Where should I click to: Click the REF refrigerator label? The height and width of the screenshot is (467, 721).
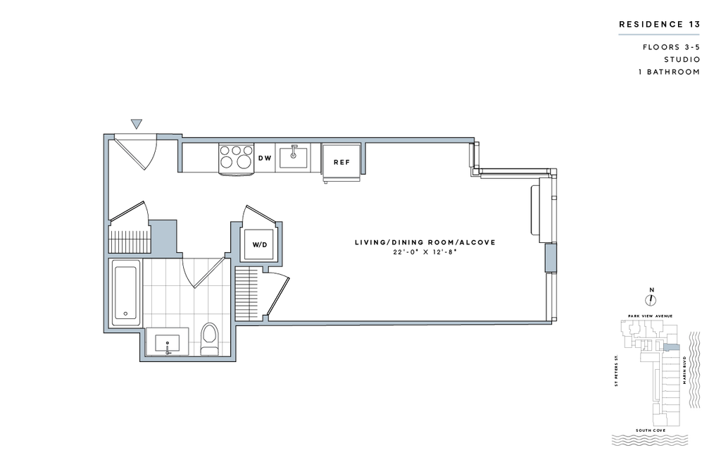coord(341,162)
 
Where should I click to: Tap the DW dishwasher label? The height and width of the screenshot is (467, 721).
coord(265,158)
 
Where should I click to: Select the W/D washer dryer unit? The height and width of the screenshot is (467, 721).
coord(260,245)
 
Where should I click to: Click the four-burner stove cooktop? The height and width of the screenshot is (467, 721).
coord(237,158)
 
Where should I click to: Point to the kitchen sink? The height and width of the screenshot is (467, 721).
coord(294,158)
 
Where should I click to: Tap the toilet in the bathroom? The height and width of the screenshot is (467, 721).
coord(210,340)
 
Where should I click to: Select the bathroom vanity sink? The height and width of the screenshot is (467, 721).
coord(168,344)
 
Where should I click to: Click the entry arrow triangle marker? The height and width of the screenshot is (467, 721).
coord(136,124)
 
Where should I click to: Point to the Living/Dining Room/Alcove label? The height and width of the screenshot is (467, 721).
coord(425,242)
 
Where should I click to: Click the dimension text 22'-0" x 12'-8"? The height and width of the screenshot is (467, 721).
coord(425,252)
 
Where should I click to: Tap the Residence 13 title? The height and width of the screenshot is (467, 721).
coord(659,25)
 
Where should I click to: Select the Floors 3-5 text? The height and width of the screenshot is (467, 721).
coord(671,47)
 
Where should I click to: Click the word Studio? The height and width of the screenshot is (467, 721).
coord(682,59)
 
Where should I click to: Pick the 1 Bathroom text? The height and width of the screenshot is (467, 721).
coord(669,72)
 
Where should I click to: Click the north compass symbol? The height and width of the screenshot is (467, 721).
coord(651,300)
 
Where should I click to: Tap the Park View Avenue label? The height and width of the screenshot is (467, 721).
coord(650,316)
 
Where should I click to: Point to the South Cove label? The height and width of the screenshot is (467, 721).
coord(650,430)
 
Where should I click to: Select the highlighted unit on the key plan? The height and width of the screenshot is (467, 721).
coord(671,347)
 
